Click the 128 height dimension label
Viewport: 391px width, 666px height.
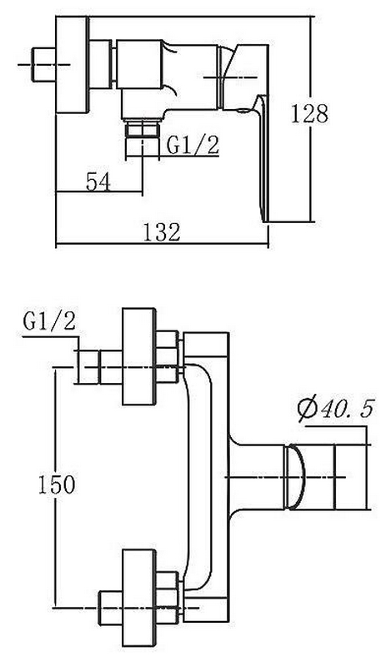[x=310, y=114]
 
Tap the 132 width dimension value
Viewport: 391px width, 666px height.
[x=162, y=232]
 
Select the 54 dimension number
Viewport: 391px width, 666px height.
[x=98, y=181]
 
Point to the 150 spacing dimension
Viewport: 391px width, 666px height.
[x=57, y=485]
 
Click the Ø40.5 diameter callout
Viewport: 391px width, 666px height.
[x=336, y=409]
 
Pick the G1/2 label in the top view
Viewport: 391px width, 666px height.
[x=193, y=144]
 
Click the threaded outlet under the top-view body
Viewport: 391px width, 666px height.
[x=142, y=129]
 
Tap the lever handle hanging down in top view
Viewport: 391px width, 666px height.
[x=262, y=157]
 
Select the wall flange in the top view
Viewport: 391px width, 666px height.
[x=73, y=65]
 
